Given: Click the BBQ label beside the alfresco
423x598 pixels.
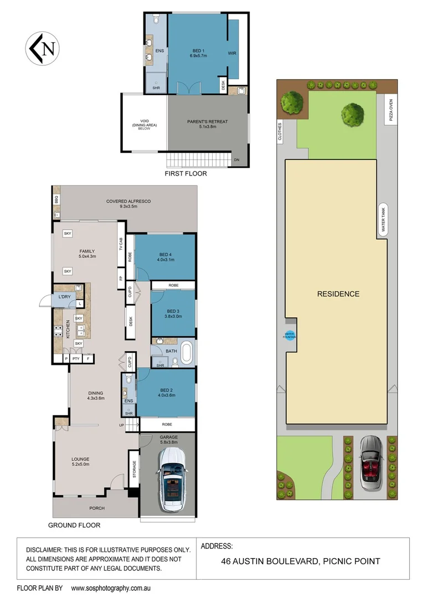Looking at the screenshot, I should point(56,199).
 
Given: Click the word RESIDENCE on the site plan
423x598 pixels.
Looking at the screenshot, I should point(338,294).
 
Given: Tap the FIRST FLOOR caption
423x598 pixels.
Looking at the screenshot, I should point(185,174).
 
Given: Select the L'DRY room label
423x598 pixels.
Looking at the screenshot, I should point(65,297).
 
